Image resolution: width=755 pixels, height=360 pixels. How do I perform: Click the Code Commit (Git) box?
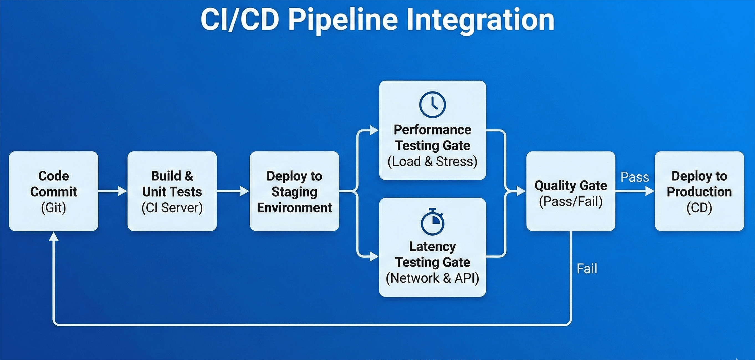coord(54,191)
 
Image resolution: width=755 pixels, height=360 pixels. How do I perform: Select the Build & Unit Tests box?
coord(172,191)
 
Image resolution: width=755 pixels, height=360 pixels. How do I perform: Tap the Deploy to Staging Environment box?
coord(294,191)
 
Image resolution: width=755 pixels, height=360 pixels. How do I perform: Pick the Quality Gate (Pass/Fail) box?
coord(571,191)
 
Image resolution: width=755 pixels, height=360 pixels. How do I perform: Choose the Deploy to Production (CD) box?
coord(699,191)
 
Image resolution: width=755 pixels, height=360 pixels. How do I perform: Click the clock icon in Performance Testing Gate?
coord(432,105)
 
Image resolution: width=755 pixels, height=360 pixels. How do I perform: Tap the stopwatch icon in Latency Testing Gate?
coord(432,222)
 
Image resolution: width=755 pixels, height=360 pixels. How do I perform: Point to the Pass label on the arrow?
coord(635,177)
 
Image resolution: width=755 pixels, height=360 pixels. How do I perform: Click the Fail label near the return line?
coord(587,269)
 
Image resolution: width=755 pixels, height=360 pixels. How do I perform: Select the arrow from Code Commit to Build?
coord(112,192)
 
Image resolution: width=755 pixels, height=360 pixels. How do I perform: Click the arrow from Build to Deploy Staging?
coord(233,192)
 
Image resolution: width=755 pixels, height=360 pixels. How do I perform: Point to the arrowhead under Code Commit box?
coord(54,236)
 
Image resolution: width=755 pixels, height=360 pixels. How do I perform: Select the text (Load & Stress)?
coord(432,162)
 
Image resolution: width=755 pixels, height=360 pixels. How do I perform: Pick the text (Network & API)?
coord(432,278)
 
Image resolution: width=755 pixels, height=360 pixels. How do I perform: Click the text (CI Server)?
coord(172,208)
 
